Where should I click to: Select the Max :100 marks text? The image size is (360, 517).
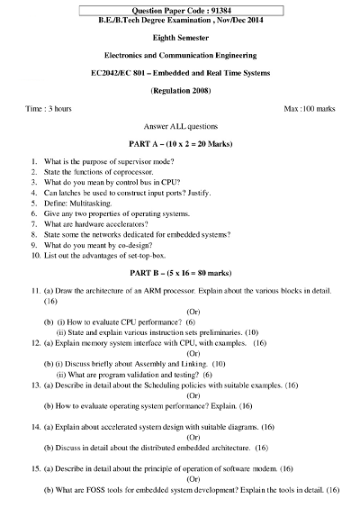pyautogui.click(x=310, y=108)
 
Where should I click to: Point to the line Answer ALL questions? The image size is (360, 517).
pyautogui.click(x=180, y=127)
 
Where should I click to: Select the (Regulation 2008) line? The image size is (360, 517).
pyautogui.click(x=180, y=91)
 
